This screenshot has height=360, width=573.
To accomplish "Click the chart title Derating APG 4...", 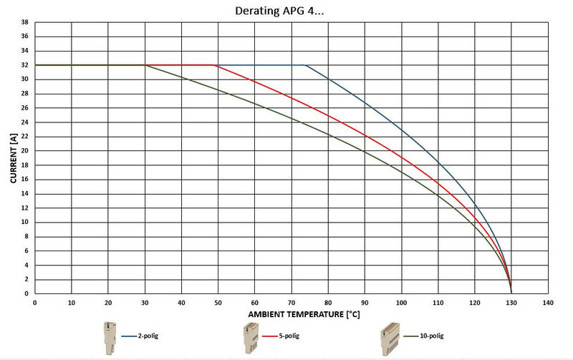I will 286,11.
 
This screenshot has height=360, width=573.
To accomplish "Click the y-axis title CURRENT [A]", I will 14,157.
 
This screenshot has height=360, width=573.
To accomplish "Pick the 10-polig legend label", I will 430,335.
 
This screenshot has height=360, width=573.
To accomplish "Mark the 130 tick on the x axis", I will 511,303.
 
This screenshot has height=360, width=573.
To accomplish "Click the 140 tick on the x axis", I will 547,303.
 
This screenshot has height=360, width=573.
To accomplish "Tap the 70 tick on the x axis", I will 291,303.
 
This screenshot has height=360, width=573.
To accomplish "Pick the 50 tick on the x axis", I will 218,303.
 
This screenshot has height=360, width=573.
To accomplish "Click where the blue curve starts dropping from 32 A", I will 306,65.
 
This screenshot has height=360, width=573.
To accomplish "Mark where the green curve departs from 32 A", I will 145,65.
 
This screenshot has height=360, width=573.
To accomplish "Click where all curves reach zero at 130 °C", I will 511,293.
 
